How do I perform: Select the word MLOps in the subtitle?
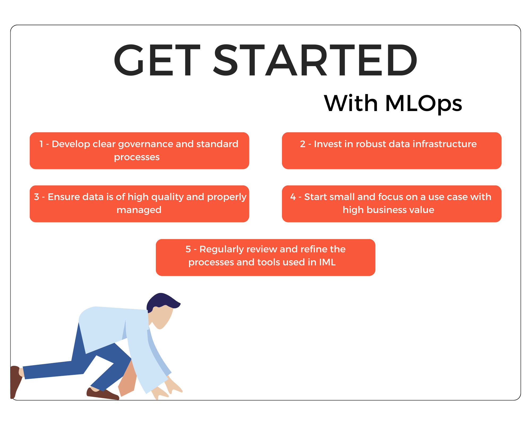(424, 104)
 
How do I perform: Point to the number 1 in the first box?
(41, 144)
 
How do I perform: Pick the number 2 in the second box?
(303, 144)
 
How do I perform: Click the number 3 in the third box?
(37, 197)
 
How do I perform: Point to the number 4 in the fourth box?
(293, 197)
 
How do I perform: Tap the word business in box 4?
(386, 210)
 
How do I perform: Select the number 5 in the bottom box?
(188, 249)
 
